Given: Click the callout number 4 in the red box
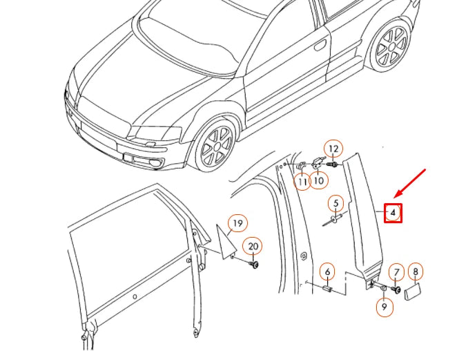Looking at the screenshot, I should click(x=392, y=213).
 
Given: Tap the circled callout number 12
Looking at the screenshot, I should click(x=333, y=149).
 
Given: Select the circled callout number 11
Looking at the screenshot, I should click(x=302, y=182).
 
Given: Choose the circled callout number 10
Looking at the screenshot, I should click(x=318, y=181).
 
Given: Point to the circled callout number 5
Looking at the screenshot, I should click(x=336, y=203).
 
